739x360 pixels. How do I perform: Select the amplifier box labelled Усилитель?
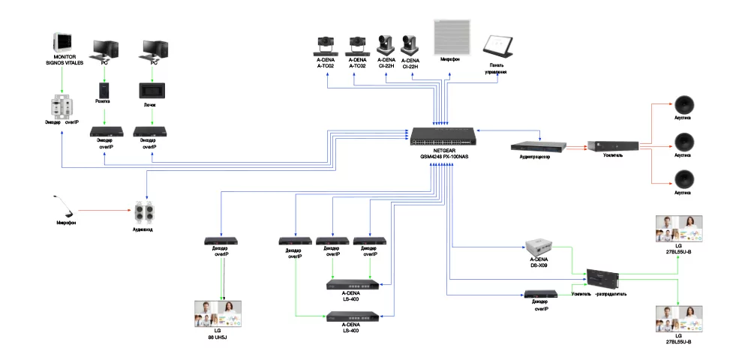[x=612, y=145]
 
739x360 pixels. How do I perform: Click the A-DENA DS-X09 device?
[x=542, y=246]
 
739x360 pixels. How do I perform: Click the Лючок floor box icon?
[x=152, y=89]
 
